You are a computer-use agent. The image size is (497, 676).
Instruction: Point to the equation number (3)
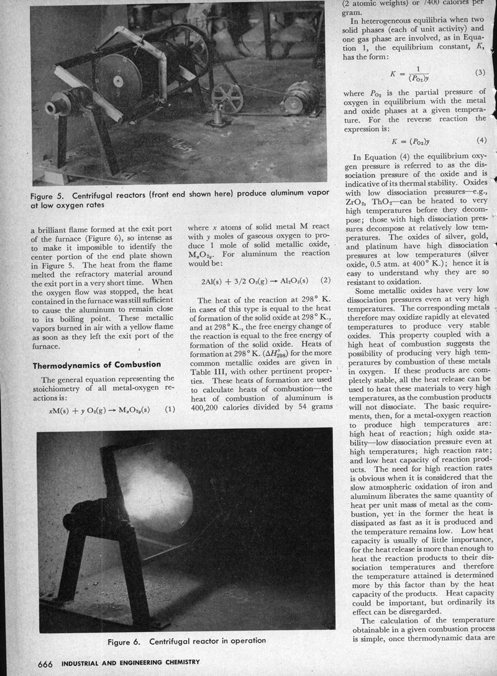point(480,73)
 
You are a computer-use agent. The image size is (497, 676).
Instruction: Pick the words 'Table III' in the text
point(204,358)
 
